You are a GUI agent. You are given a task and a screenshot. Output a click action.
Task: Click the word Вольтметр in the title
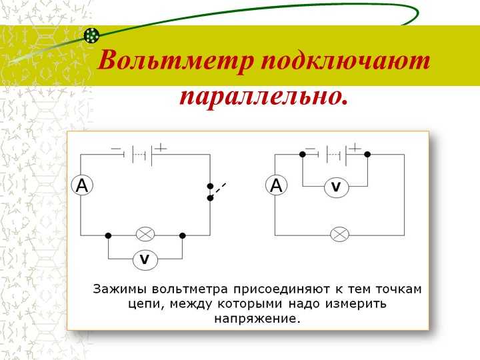175,60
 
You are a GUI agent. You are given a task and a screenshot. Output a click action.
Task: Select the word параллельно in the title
264,98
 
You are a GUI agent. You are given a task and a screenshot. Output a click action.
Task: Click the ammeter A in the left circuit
82,185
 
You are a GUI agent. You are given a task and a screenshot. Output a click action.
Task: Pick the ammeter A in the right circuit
277,185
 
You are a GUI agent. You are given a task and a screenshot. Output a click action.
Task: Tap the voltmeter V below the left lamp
145,259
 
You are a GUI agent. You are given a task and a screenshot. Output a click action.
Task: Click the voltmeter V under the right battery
337,187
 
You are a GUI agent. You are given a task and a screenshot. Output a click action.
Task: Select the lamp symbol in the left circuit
145,235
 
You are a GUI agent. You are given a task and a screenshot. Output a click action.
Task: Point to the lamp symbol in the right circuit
339,235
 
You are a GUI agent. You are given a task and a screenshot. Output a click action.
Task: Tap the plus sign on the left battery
161,149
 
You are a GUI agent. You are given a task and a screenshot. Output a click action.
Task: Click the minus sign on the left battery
116,149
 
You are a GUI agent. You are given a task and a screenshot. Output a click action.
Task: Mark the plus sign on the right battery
355,149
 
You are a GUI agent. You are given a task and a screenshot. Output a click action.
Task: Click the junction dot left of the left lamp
108,235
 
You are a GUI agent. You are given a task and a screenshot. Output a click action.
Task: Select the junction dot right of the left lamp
183,235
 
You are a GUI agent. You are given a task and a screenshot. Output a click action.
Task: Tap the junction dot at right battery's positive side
367,154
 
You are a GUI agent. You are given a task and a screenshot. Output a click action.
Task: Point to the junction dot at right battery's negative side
303,154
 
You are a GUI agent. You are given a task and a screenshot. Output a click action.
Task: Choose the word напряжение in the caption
257,319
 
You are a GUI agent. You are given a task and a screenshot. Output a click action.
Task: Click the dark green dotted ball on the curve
91,35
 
